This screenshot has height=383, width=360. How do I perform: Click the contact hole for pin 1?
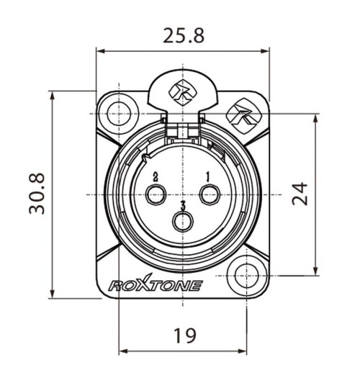(210, 194)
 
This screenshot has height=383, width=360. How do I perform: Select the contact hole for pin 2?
(156, 194)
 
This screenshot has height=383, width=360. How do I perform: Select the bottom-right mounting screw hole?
(246, 274)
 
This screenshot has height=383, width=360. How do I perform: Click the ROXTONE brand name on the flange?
(155, 286)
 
